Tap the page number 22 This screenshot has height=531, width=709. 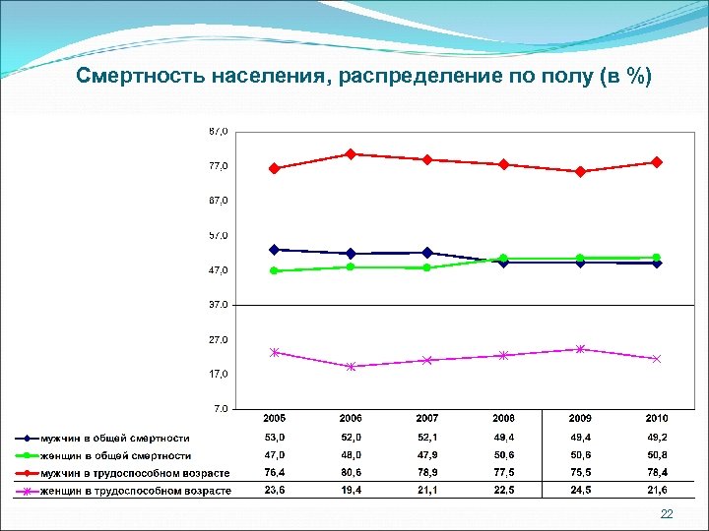[667, 514]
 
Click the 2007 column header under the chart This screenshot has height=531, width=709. [426, 420]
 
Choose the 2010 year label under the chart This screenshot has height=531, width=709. [657, 420]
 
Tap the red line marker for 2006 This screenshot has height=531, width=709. [351, 154]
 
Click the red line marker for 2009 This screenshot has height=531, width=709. [580, 172]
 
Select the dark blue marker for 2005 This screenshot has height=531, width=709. [274, 250]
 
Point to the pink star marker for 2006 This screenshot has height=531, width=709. [351, 367]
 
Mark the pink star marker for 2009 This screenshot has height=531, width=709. [580, 349]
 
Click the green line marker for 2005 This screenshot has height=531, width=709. [274, 270]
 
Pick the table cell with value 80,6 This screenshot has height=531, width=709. [351, 473]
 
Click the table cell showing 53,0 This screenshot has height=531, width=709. [274, 438]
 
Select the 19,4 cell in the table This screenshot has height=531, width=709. [351, 490]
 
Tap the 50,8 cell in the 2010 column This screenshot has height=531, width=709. [657, 455]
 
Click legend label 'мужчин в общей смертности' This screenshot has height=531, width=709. [114, 439]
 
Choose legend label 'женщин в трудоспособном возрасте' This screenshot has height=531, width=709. [136, 491]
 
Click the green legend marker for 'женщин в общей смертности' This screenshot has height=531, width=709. [27, 456]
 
